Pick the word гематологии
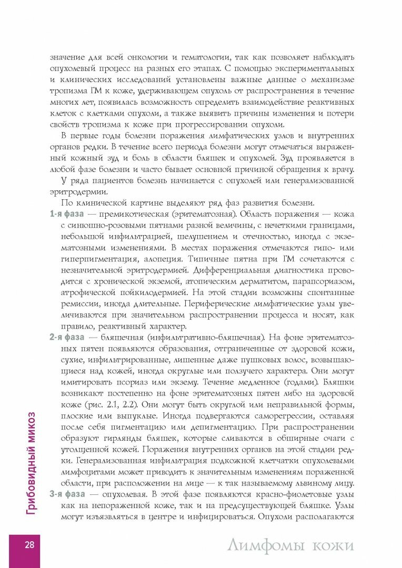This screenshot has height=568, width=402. click(x=208, y=57)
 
